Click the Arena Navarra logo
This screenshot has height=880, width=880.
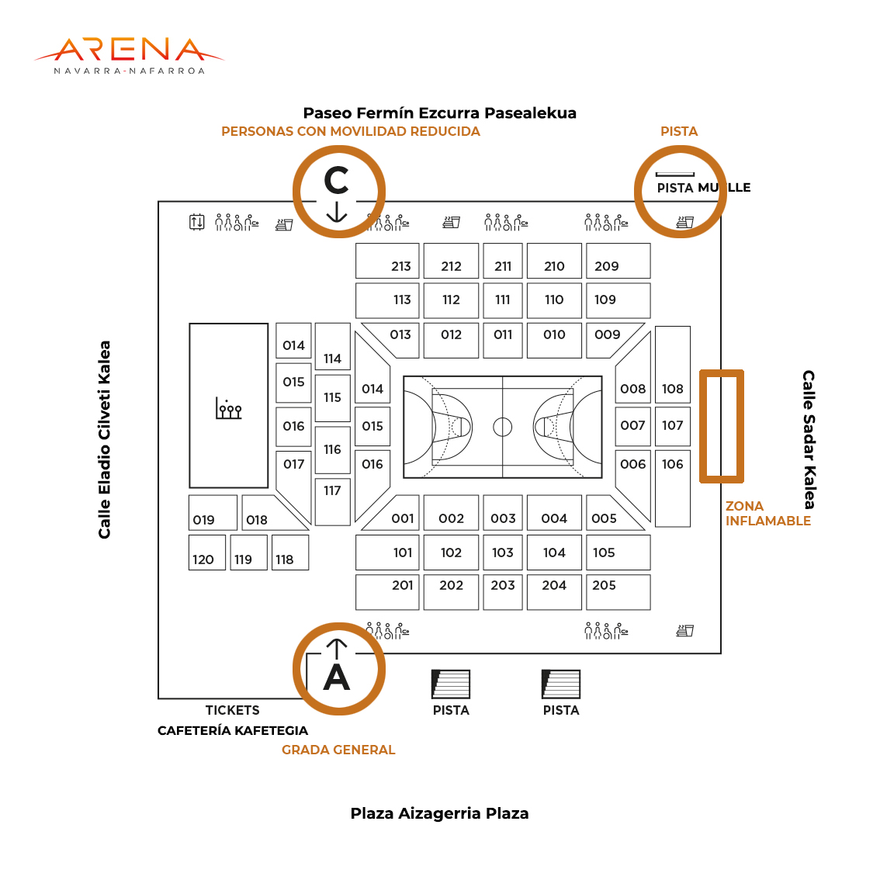click(129, 56)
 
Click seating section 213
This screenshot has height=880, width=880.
click(387, 261)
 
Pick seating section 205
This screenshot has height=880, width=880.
click(618, 592)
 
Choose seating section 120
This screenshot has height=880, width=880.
click(207, 553)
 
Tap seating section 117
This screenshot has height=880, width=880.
click(333, 502)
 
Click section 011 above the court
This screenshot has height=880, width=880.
click(503, 340)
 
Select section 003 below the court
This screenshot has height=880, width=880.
click(503, 512)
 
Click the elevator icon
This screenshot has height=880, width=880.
click(196, 222)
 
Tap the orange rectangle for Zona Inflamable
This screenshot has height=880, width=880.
click(702, 427)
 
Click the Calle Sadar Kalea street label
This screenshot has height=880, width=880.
click(808, 440)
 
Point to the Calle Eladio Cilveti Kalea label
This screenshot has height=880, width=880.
click(105, 440)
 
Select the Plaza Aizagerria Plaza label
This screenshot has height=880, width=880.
click(439, 813)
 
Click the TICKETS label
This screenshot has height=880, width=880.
click(232, 710)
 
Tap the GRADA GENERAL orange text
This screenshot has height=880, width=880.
click(338, 750)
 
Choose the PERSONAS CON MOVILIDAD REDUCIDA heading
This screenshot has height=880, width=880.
click(351, 131)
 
